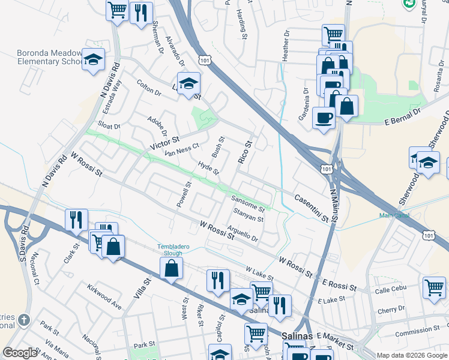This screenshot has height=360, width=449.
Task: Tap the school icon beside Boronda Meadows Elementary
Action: click(94, 60)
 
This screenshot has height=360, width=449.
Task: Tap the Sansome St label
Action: click(248, 203)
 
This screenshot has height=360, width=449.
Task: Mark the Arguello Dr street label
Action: click(243, 233)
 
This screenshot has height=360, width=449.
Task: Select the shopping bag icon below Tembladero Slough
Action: click(172, 269)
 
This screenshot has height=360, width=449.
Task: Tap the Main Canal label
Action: click(393, 216)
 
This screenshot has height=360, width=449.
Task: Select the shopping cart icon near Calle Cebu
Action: click(433, 286)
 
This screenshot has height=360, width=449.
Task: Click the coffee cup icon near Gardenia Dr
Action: click(324, 117)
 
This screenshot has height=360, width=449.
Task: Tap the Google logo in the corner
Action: click(20, 353)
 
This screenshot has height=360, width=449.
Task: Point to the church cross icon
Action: click(24, 320)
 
